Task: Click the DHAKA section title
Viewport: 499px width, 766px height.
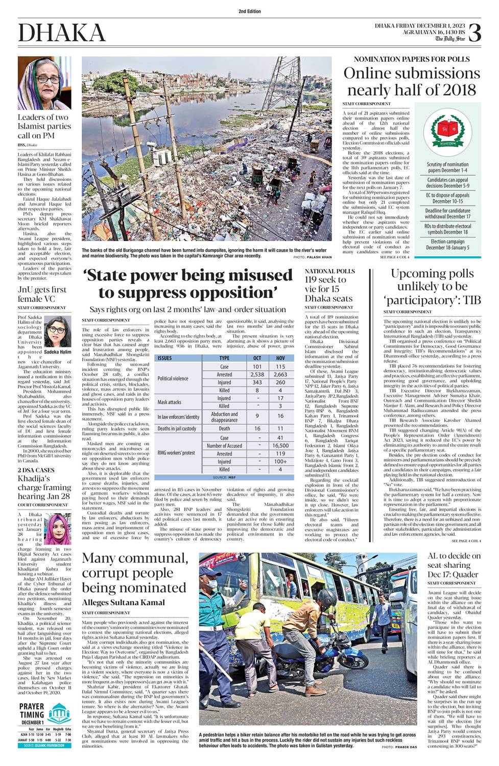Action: tap(62, 33)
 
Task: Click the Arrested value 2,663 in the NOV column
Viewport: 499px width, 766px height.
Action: tap(280, 374)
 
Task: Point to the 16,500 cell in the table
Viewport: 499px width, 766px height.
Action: tap(280, 445)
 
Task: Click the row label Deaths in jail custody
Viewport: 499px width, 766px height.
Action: tap(177, 428)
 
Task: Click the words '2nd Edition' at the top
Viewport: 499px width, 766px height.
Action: tap(249, 11)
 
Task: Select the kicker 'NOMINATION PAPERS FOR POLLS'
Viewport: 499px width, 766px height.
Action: tap(412, 59)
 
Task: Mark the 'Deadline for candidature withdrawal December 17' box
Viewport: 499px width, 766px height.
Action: tap(447, 213)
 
